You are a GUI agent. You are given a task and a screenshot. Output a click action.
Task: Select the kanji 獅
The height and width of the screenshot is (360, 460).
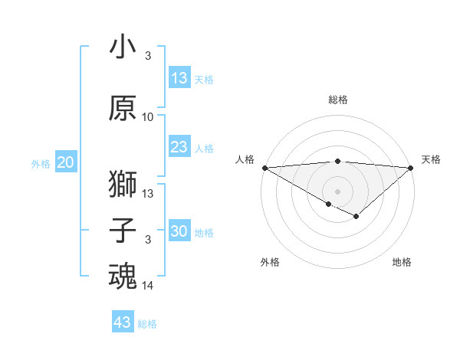pos(123,183)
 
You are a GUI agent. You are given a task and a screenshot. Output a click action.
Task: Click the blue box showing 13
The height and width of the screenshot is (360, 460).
pos(179,78)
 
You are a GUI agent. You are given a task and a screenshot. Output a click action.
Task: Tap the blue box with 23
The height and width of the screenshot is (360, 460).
pos(179,147)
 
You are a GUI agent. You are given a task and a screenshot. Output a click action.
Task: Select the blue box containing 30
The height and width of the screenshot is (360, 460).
pos(179,231)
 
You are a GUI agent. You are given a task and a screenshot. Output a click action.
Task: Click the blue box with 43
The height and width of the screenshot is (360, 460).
pos(123,322)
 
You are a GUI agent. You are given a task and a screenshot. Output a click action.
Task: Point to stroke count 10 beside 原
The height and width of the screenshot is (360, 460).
pos(148,117)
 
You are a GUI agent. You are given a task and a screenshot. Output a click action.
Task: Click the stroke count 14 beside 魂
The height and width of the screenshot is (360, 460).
pos(148,286)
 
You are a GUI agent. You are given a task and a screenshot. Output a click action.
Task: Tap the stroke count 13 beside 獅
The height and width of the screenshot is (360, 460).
pos(148,194)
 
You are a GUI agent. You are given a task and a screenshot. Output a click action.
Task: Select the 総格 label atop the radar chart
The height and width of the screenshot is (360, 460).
pos(338,100)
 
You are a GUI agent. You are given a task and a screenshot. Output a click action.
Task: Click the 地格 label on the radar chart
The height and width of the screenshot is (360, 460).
pos(402,262)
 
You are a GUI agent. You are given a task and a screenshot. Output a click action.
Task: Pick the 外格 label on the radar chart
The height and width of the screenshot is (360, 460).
pos(270,262)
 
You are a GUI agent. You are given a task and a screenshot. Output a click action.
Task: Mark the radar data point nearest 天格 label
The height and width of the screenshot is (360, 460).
pos(411,168)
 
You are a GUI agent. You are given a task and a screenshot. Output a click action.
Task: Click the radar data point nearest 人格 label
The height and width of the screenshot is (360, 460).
pos(264,168)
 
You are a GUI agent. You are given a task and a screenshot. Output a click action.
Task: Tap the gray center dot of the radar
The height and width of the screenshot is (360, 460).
pos(337,191)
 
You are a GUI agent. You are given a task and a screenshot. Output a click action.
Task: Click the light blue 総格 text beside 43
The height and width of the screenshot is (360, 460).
pos(147,324)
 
